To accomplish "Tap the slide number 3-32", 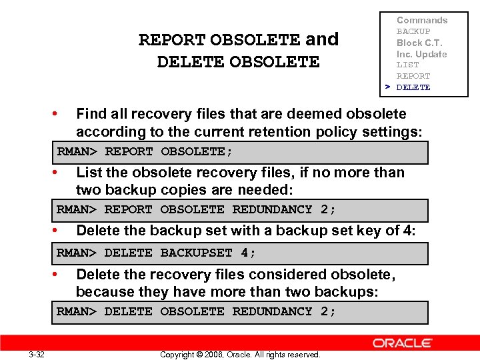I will click(x=37, y=354).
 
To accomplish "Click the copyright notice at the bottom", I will click(x=240, y=354).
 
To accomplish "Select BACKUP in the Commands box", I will click(x=413, y=31).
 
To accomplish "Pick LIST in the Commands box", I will click(x=407, y=65).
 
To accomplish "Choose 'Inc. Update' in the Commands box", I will click(x=421, y=54).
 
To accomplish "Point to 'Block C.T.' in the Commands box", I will click(x=419, y=43).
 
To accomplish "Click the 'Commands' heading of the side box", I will click(x=422, y=20).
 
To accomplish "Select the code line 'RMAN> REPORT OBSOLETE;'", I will click(x=145, y=151).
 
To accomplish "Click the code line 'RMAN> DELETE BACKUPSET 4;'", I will click(x=156, y=253).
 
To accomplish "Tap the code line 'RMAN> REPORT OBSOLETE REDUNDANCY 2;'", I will click(x=196, y=209).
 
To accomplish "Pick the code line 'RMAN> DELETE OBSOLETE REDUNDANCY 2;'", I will click(x=196, y=311).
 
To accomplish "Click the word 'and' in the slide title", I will click(x=322, y=39).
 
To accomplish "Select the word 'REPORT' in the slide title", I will click(x=172, y=40).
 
